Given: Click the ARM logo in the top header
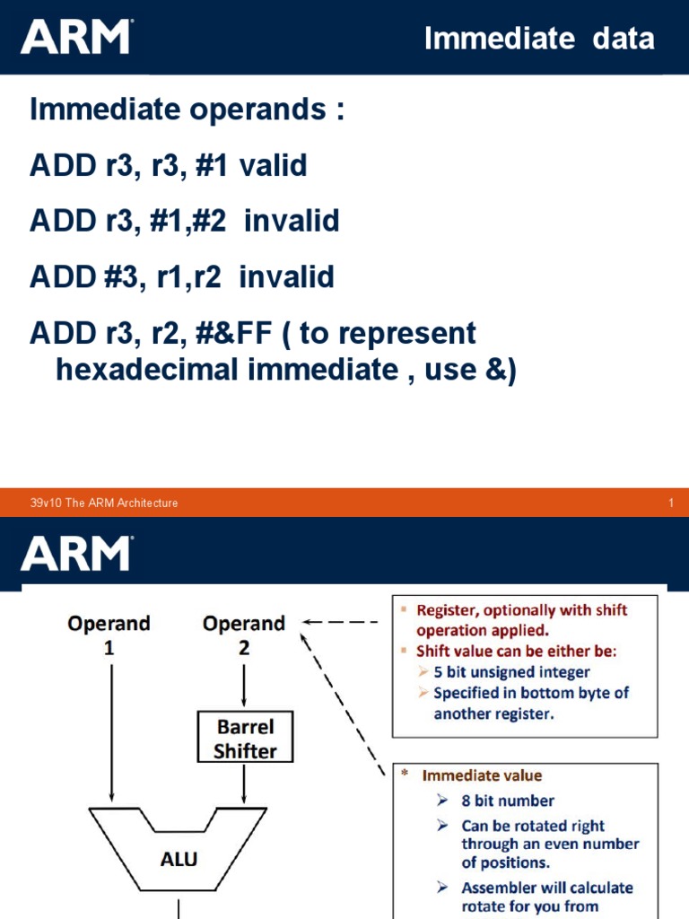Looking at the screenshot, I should point(76,37).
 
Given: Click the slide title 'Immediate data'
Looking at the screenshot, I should point(538,39).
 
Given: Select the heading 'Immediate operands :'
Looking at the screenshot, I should point(187,111).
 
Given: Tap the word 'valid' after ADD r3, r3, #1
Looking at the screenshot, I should point(273,166).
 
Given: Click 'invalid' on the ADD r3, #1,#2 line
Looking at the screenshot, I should point(292,221).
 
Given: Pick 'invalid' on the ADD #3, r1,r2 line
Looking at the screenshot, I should point(286,276).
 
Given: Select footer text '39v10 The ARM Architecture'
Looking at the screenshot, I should point(104,503).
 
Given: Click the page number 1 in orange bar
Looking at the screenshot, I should point(670,503).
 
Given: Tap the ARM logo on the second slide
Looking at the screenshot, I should point(76,553).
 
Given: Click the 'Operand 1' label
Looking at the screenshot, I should point(109,634).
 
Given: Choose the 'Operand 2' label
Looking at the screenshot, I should point(244,634).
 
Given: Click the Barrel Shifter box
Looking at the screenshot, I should point(244,738).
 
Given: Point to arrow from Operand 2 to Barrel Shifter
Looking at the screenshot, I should point(244,687).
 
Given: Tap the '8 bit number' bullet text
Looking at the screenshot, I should point(508,801).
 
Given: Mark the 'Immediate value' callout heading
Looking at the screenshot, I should point(483,775).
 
